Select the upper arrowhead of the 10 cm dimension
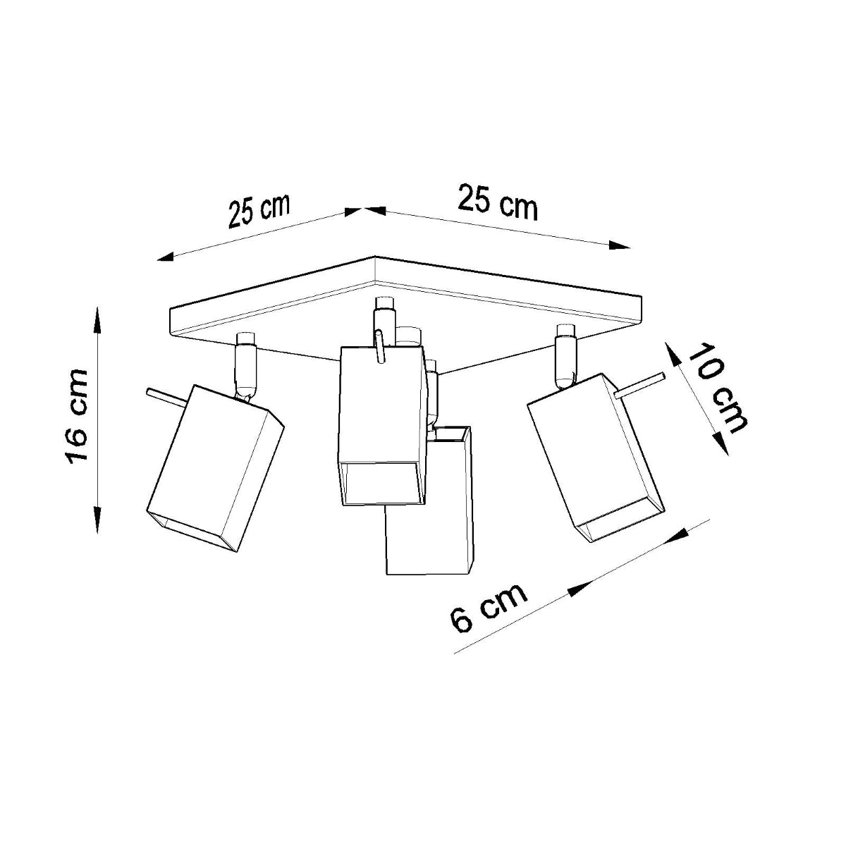pos(673,354)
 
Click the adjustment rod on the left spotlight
pos(166,398)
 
